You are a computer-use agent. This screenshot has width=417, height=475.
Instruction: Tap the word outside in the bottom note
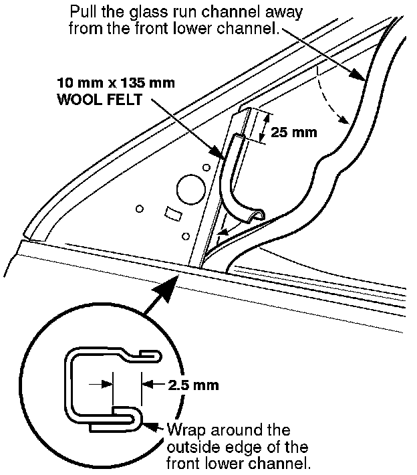pos(188,446)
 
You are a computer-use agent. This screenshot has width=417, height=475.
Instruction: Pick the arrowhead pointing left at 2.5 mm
pos(149,385)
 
